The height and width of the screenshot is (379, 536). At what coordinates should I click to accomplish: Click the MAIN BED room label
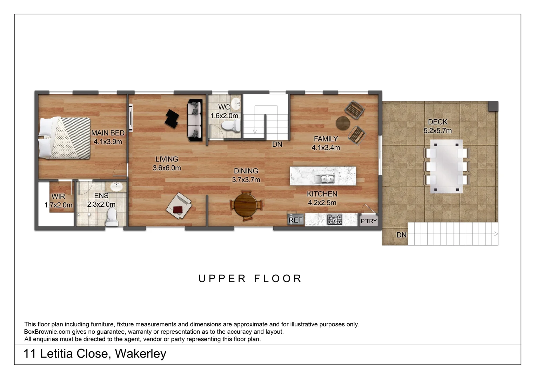coord(108,133)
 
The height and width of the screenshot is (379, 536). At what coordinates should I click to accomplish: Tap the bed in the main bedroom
coord(65,138)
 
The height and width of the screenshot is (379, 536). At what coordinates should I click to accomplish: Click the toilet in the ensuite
coord(112,217)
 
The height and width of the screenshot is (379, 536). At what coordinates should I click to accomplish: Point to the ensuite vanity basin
coord(115,186)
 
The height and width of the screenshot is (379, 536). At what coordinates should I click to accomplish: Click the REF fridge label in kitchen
coord(295,220)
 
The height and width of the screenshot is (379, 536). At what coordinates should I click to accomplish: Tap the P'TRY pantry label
coord(369,221)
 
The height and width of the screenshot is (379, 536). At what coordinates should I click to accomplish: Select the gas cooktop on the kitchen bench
coord(334,219)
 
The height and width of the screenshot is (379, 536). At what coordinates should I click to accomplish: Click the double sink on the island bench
coord(324,179)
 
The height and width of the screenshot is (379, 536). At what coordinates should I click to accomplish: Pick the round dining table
coord(246,206)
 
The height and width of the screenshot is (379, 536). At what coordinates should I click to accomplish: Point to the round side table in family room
coord(343,123)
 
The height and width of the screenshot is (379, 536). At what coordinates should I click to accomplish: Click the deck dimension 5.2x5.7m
coord(437,131)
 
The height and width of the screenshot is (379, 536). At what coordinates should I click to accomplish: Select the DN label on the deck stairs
coord(401,235)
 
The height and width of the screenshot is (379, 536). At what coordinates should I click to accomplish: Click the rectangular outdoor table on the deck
coord(447,166)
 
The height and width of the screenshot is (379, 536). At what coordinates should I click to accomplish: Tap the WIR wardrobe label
coord(58,196)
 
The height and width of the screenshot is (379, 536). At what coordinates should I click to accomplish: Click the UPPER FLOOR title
coord(250,279)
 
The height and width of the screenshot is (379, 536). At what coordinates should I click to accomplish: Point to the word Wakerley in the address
coord(140,353)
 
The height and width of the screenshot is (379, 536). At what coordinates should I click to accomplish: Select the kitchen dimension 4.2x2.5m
coord(322,202)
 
